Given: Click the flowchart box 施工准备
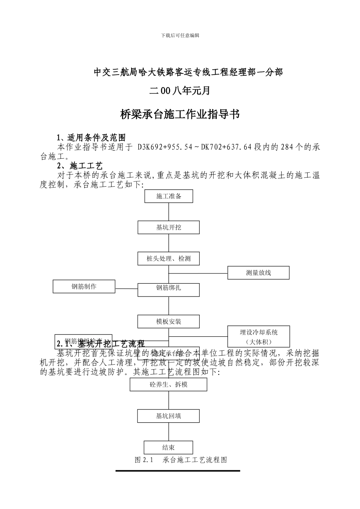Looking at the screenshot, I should (x=169, y=196).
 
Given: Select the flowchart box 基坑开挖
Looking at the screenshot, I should (x=169, y=227).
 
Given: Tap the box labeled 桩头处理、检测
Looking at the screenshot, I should (x=169, y=259).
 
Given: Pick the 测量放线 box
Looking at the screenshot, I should (x=258, y=273).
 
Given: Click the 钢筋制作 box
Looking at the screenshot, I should (x=84, y=286).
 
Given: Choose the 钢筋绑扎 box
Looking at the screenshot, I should (x=169, y=288).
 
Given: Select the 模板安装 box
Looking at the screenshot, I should (x=169, y=322).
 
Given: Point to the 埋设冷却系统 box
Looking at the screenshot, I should (x=258, y=336).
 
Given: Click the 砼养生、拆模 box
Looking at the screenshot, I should (x=169, y=384).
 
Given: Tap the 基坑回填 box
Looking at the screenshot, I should (x=169, y=416).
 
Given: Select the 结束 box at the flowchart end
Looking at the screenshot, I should (x=169, y=448).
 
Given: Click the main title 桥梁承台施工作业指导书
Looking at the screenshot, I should (x=180, y=114).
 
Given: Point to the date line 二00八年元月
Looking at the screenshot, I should (x=180, y=91).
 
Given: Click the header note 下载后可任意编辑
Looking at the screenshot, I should (x=180, y=35).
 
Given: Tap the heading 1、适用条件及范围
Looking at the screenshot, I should (x=91, y=137).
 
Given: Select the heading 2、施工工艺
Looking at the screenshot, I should (x=80, y=166).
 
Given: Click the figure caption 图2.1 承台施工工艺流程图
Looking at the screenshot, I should (x=181, y=460).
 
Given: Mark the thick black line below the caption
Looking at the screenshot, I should (x=178, y=471).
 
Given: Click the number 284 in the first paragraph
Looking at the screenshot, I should (x=287, y=147).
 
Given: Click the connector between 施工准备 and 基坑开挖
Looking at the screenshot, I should (x=169, y=212).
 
